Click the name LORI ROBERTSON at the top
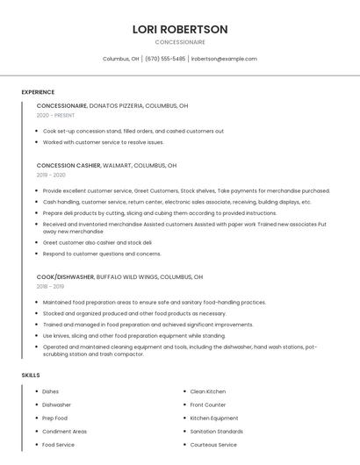click(x=180, y=29)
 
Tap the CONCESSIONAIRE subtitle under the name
click(x=180, y=42)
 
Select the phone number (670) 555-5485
click(x=165, y=59)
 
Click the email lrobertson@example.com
click(x=224, y=59)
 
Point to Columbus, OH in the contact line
click(x=121, y=59)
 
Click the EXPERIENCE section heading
click(x=38, y=92)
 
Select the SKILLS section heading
click(x=31, y=376)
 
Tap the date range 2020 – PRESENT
click(x=55, y=115)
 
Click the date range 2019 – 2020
click(x=51, y=175)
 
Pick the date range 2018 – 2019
click(x=50, y=286)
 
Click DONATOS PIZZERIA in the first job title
click(x=115, y=105)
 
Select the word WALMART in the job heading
click(x=118, y=165)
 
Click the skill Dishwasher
click(x=57, y=405)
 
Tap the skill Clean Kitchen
click(x=208, y=391)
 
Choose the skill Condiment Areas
click(x=64, y=432)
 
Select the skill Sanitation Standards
click(x=217, y=432)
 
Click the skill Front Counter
click(x=208, y=405)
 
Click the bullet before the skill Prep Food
click(x=35, y=418)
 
